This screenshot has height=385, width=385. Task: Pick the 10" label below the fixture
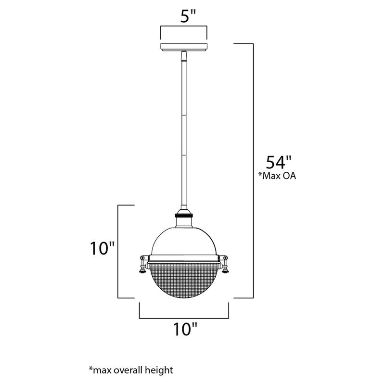[185, 330]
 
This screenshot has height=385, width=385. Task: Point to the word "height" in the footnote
[159, 370]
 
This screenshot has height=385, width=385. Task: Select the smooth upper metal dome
[184, 238]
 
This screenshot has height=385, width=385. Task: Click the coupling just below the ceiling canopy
[184, 56]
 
